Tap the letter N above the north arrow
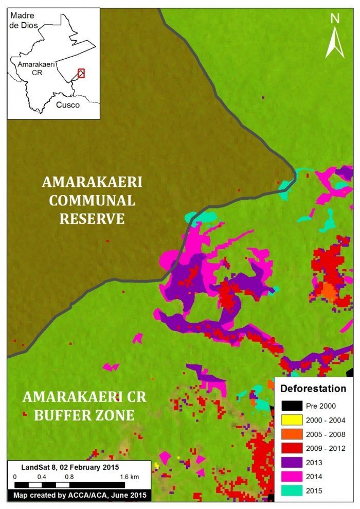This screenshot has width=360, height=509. (335, 19)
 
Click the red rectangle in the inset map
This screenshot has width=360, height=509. (81, 73)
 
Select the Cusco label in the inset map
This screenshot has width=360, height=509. (67, 105)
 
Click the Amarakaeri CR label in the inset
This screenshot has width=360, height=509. (33, 69)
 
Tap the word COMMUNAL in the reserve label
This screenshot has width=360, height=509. (92, 201)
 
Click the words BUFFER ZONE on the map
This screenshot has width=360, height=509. (84, 415)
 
